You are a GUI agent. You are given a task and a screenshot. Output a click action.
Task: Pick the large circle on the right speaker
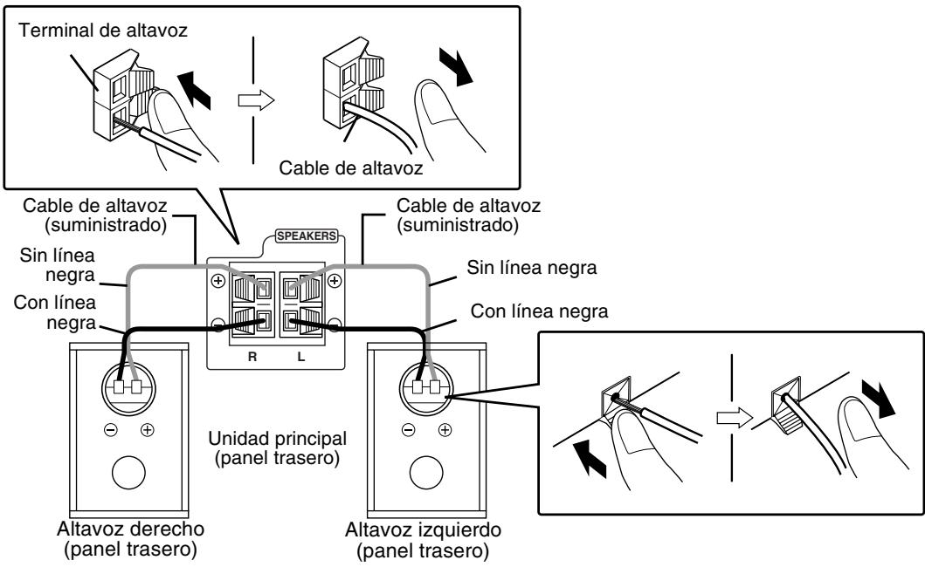click(x=128, y=475)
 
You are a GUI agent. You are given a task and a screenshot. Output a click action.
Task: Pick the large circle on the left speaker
click(x=425, y=475)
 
